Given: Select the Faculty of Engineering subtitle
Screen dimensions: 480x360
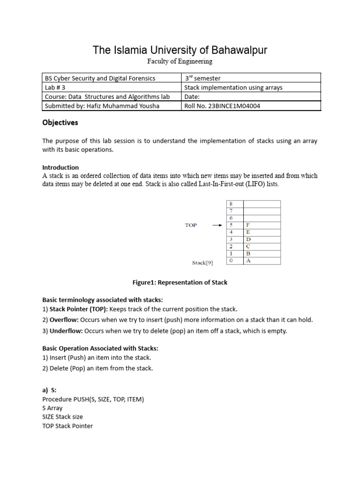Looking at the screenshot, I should click(180, 61).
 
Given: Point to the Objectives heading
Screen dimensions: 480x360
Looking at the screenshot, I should click(60, 123).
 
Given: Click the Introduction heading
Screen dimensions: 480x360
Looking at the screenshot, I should click(60, 167).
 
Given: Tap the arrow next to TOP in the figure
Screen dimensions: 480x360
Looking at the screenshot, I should click(217, 225).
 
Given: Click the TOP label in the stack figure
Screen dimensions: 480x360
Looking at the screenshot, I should click(191, 225).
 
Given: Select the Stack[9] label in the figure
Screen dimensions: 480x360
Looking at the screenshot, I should click(202, 263).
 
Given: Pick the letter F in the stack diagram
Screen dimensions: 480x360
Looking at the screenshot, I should click(248, 225).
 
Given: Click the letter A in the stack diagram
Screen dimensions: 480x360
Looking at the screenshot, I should click(248, 261).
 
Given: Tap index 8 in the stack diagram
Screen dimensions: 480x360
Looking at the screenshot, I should click(230, 204).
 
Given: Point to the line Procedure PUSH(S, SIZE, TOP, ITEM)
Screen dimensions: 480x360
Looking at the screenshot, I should click(93, 399).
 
